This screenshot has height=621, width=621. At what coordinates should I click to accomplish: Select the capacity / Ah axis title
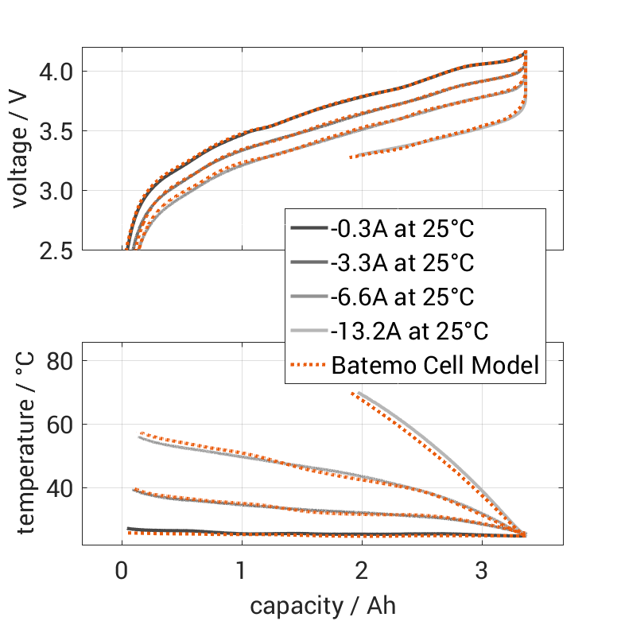[x=322, y=606]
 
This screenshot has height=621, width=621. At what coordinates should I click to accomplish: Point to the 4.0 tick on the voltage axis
[x=56, y=72]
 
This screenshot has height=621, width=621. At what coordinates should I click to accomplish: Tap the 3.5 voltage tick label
[x=56, y=131]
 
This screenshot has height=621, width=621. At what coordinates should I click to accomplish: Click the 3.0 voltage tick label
[x=56, y=191]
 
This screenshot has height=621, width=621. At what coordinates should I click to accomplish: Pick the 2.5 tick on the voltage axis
[x=56, y=250]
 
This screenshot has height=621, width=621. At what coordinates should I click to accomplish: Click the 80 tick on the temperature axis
[x=60, y=361]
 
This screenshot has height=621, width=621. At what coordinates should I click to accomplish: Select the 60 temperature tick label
[x=60, y=424]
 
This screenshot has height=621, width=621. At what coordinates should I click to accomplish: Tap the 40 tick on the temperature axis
[x=60, y=487]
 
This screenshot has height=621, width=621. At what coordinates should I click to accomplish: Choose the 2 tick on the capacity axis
[x=362, y=570]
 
